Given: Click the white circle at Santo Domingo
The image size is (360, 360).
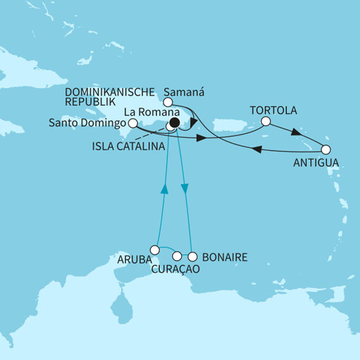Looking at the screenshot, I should (x=133, y=122).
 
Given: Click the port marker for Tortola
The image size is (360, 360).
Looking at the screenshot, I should (x=267, y=121).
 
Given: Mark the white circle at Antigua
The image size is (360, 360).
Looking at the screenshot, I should (x=325, y=149).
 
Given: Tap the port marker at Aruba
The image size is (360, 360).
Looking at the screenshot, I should (x=155, y=247).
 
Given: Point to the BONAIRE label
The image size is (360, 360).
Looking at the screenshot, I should (x=224, y=257).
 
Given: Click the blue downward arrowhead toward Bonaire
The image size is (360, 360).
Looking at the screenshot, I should (x=185, y=189).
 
